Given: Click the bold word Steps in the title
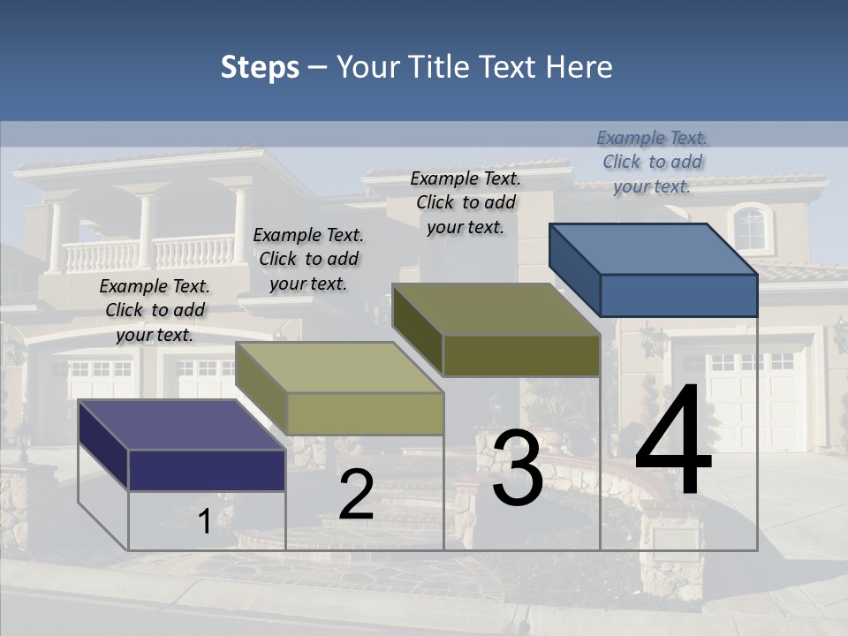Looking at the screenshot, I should (x=260, y=67).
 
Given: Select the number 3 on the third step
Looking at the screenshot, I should (x=518, y=468).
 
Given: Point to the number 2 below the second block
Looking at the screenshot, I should (x=356, y=495).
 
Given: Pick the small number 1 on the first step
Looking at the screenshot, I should (x=204, y=522).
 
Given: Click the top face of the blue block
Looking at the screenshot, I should (x=652, y=248).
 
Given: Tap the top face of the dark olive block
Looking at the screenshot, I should (x=495, y=309).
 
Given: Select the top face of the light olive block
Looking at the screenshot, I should (x=338, y=367).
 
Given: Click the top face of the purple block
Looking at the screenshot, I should (x=181, y=425).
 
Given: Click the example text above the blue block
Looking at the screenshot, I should (x=652, y=162).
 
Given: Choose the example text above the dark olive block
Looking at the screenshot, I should (x=466, y=202).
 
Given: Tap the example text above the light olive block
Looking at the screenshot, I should (x=308, y=259).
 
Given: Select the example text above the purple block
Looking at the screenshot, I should (x=155, y=310).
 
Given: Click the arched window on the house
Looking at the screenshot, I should (x=750, y=228).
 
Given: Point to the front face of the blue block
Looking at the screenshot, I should (x=678, y=295).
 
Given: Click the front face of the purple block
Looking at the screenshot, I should (x=207, y=470).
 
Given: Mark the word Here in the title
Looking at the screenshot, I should (x=579, y=67).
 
